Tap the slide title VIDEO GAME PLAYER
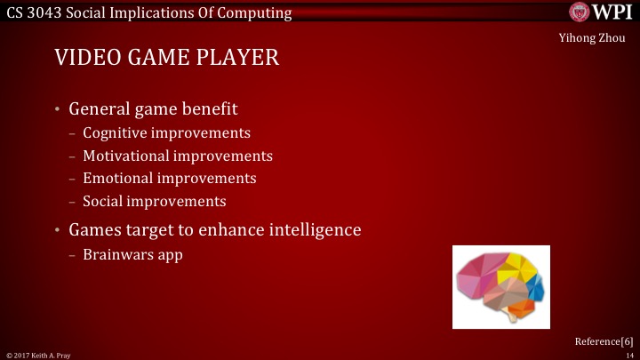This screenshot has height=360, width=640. (167, 59)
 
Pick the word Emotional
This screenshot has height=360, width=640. (117, 178)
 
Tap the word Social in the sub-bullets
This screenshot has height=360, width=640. (103, 201)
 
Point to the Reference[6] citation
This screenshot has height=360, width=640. (604, 341)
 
